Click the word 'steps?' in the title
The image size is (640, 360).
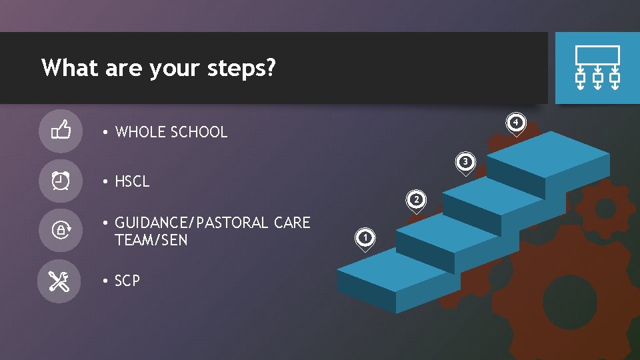tap(243, 68)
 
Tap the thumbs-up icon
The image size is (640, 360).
tap(61, 129)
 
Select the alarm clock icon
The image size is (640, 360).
tap(61, 180)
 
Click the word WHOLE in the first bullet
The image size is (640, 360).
tap(141, 132)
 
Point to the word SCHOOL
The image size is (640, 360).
tap(199, 132)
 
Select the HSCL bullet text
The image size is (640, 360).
tap(132, 181)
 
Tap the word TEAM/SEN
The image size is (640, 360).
tap(151, 240)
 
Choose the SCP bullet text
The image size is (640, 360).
tap(127, 281)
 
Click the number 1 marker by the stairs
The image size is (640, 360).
tap(365, 237)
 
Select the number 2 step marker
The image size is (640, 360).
tap(416, 199)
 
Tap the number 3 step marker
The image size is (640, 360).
tap(466, 161)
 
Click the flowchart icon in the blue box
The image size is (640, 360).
tap(597, 68)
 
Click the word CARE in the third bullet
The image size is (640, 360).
tap(292, 223)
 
